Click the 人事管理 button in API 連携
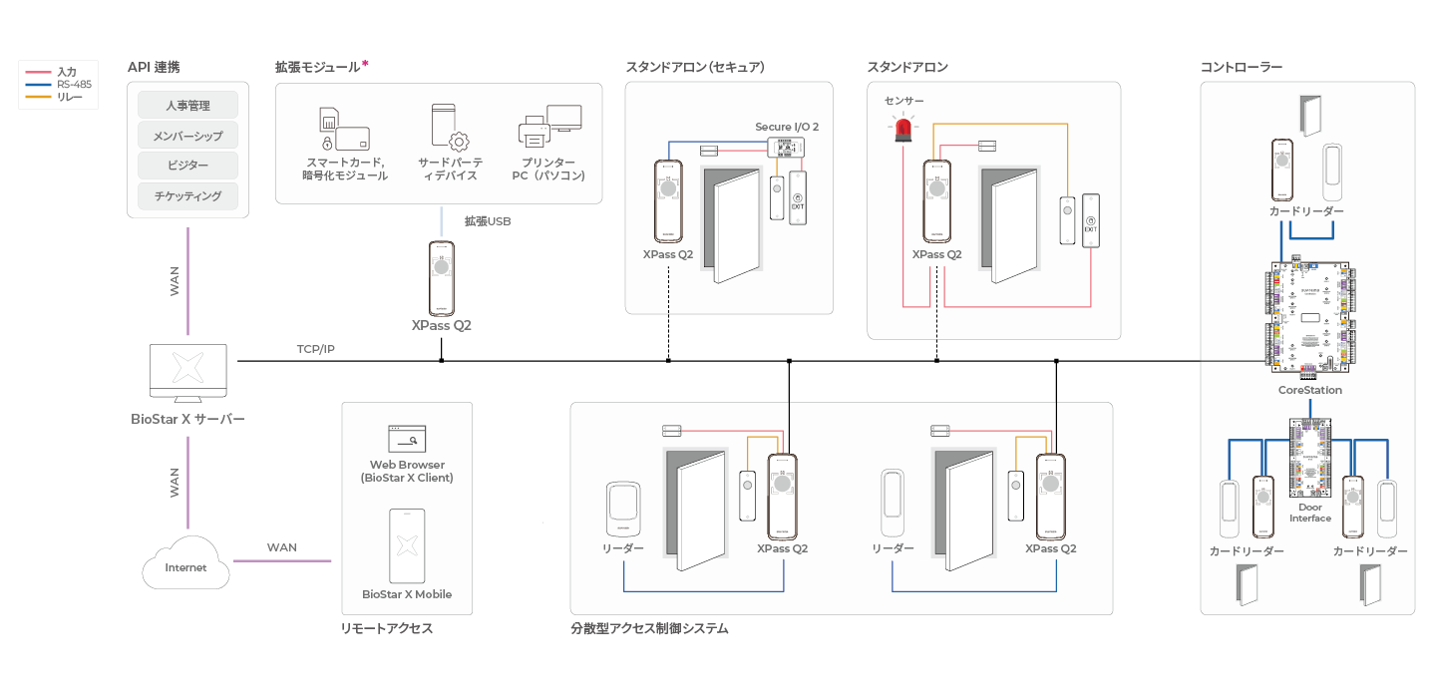pos(187,105)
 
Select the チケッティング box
pos(187,195)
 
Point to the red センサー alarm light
pos(904,128)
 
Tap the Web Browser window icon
pos(407,438)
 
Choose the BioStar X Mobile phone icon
pos(407,545)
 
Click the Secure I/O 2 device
pos(787,149)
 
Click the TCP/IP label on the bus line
pos(316,350)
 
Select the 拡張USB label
pos(488,221)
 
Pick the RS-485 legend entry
pos(74,85)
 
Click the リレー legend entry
pos(70,97)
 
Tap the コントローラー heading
pos(1241,67)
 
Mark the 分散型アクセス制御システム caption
pos(649,629)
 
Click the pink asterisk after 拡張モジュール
pos(365,64)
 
